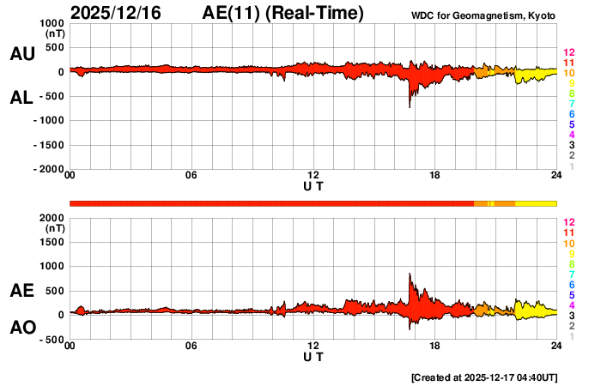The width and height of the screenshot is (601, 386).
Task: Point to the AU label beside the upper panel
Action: (21, 54)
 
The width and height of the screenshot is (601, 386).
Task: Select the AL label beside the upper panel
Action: (21, 98)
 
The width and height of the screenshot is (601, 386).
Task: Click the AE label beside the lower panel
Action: (21, 291)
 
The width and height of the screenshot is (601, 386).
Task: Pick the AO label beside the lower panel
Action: (21, 327)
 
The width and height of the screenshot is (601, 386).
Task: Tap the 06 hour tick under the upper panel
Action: (191, 176)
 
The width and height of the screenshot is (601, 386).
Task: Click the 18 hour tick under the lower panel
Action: (435, 346)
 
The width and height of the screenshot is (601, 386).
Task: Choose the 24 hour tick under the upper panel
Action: (556, 176)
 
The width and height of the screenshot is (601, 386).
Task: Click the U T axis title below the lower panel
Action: (313, 356)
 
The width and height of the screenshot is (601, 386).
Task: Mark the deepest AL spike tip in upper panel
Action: (410, 107)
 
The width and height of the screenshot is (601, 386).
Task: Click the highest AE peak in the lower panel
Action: (410, 274)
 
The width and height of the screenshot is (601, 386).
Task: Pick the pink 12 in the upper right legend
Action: (568, 53)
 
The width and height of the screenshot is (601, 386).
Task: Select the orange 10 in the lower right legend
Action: (568, 244)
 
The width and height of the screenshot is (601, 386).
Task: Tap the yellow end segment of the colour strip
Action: (537, 202)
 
